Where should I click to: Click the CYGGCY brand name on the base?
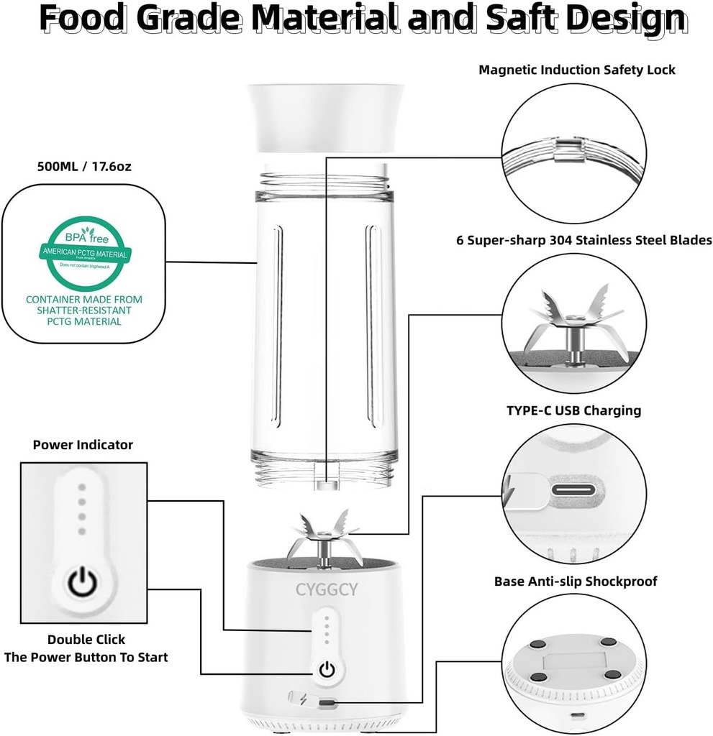[x=330, y=589]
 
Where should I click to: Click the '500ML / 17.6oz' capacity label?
[x=84, y=166]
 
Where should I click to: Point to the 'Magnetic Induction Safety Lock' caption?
[x=577, y=70]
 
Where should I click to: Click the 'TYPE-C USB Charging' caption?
[x=573, y=410]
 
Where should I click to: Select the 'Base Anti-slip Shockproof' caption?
[x=575, y=581]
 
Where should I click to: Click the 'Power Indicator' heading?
[x=83, y=445]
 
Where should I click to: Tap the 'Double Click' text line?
[x=86, y=639]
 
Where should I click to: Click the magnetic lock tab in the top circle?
[x=567, y=149]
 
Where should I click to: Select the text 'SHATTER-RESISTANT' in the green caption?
[x=84, y=310]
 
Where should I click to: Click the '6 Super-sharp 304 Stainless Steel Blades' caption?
[x=583, y=240]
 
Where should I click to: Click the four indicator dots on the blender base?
[x=327, y=630]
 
